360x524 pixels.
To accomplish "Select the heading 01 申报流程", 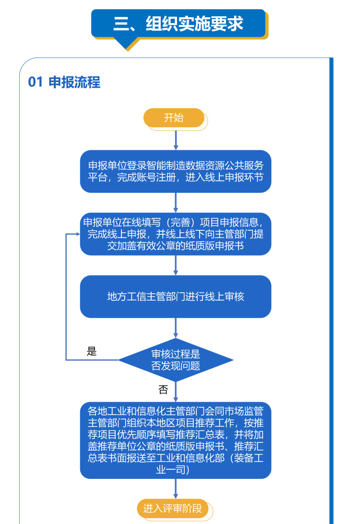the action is [x=64, y=82].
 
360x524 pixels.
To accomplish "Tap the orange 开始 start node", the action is [x=174, y=118].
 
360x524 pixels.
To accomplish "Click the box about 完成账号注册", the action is [x=176, y=171].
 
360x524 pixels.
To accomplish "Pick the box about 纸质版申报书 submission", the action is [x=176, y=234].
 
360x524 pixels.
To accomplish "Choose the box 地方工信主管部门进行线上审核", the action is [x=176, y=297].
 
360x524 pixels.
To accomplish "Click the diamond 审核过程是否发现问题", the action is [x=176, y=360].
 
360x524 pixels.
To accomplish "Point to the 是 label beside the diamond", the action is [x=91, y=351].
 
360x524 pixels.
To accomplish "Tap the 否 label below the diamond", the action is [x=163, y=390].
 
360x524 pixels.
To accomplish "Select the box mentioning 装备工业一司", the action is [x=176, y=441].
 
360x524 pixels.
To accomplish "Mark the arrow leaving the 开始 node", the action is [x=176, y=140].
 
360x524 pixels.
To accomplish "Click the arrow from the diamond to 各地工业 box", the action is [x=176, y=392].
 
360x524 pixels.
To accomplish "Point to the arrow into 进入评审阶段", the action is [x=176, y=489].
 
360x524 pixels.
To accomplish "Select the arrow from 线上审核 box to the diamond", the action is [x=176, y=328].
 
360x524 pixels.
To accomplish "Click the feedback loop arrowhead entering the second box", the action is [x=78, y=234].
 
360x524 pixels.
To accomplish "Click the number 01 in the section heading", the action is [x=36, y=82].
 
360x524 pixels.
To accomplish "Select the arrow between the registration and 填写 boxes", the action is [x=176, y=203].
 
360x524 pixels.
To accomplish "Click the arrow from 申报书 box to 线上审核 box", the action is [x=176, y=265].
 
